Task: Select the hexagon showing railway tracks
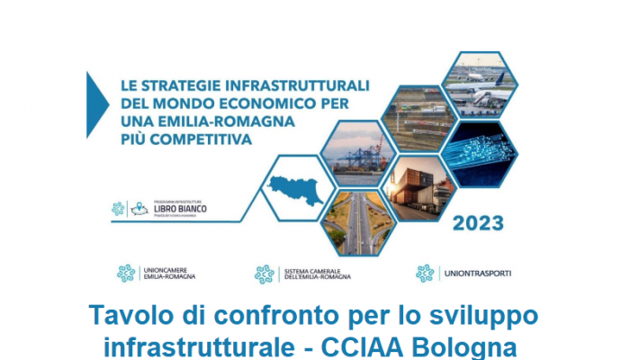click(x=419, y=115)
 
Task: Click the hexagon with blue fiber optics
click(x=482, y=151)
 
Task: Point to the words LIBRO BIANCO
click(x=180, y=209)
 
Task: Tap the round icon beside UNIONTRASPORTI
click(x=425, y=273)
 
